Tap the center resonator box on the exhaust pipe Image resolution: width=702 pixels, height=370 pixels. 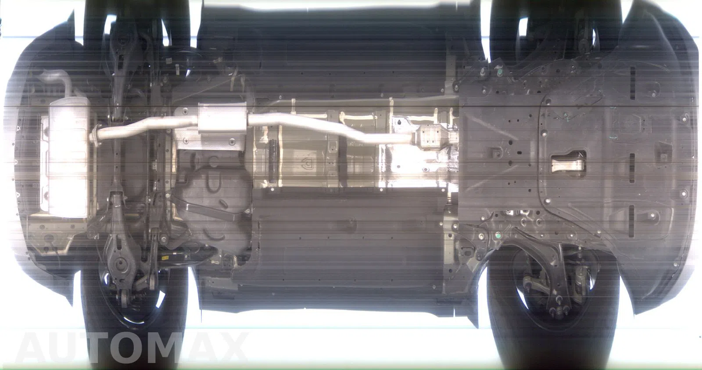click(222, 119)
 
